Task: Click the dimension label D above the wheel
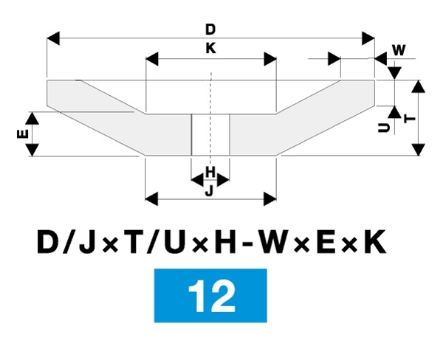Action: (210, 30)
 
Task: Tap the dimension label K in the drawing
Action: (210, 47)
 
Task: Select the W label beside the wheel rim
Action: (399, 50)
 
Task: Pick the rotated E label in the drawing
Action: (21, 134)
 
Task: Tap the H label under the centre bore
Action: (210, 172)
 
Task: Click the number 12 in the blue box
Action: (211, 295)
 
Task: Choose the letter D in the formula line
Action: (49, 243)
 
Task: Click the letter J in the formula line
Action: (103, 243)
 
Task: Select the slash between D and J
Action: (77, 243)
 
